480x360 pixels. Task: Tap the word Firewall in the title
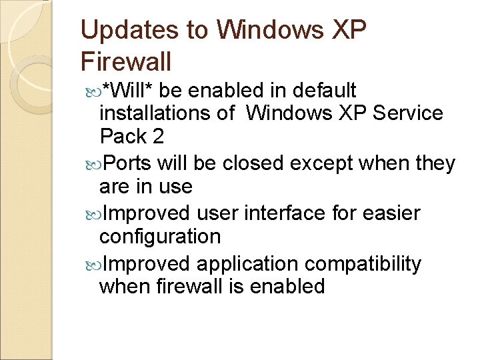[126, 62]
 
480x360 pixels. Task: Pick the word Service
[408, 113]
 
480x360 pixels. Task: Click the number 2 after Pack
[157, 137]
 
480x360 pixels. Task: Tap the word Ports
[128, 163]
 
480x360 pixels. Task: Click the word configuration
[159, 237]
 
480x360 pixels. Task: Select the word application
[247, 264]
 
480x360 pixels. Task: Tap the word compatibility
[363, 264]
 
